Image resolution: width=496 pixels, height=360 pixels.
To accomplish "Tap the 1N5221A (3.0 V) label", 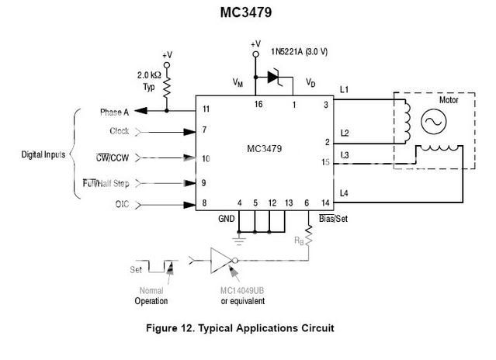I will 303,52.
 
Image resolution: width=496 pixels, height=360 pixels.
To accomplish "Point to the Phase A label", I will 118,112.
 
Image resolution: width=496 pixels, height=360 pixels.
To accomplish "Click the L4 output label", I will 345,192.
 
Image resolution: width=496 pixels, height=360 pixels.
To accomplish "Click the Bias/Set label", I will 333,219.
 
